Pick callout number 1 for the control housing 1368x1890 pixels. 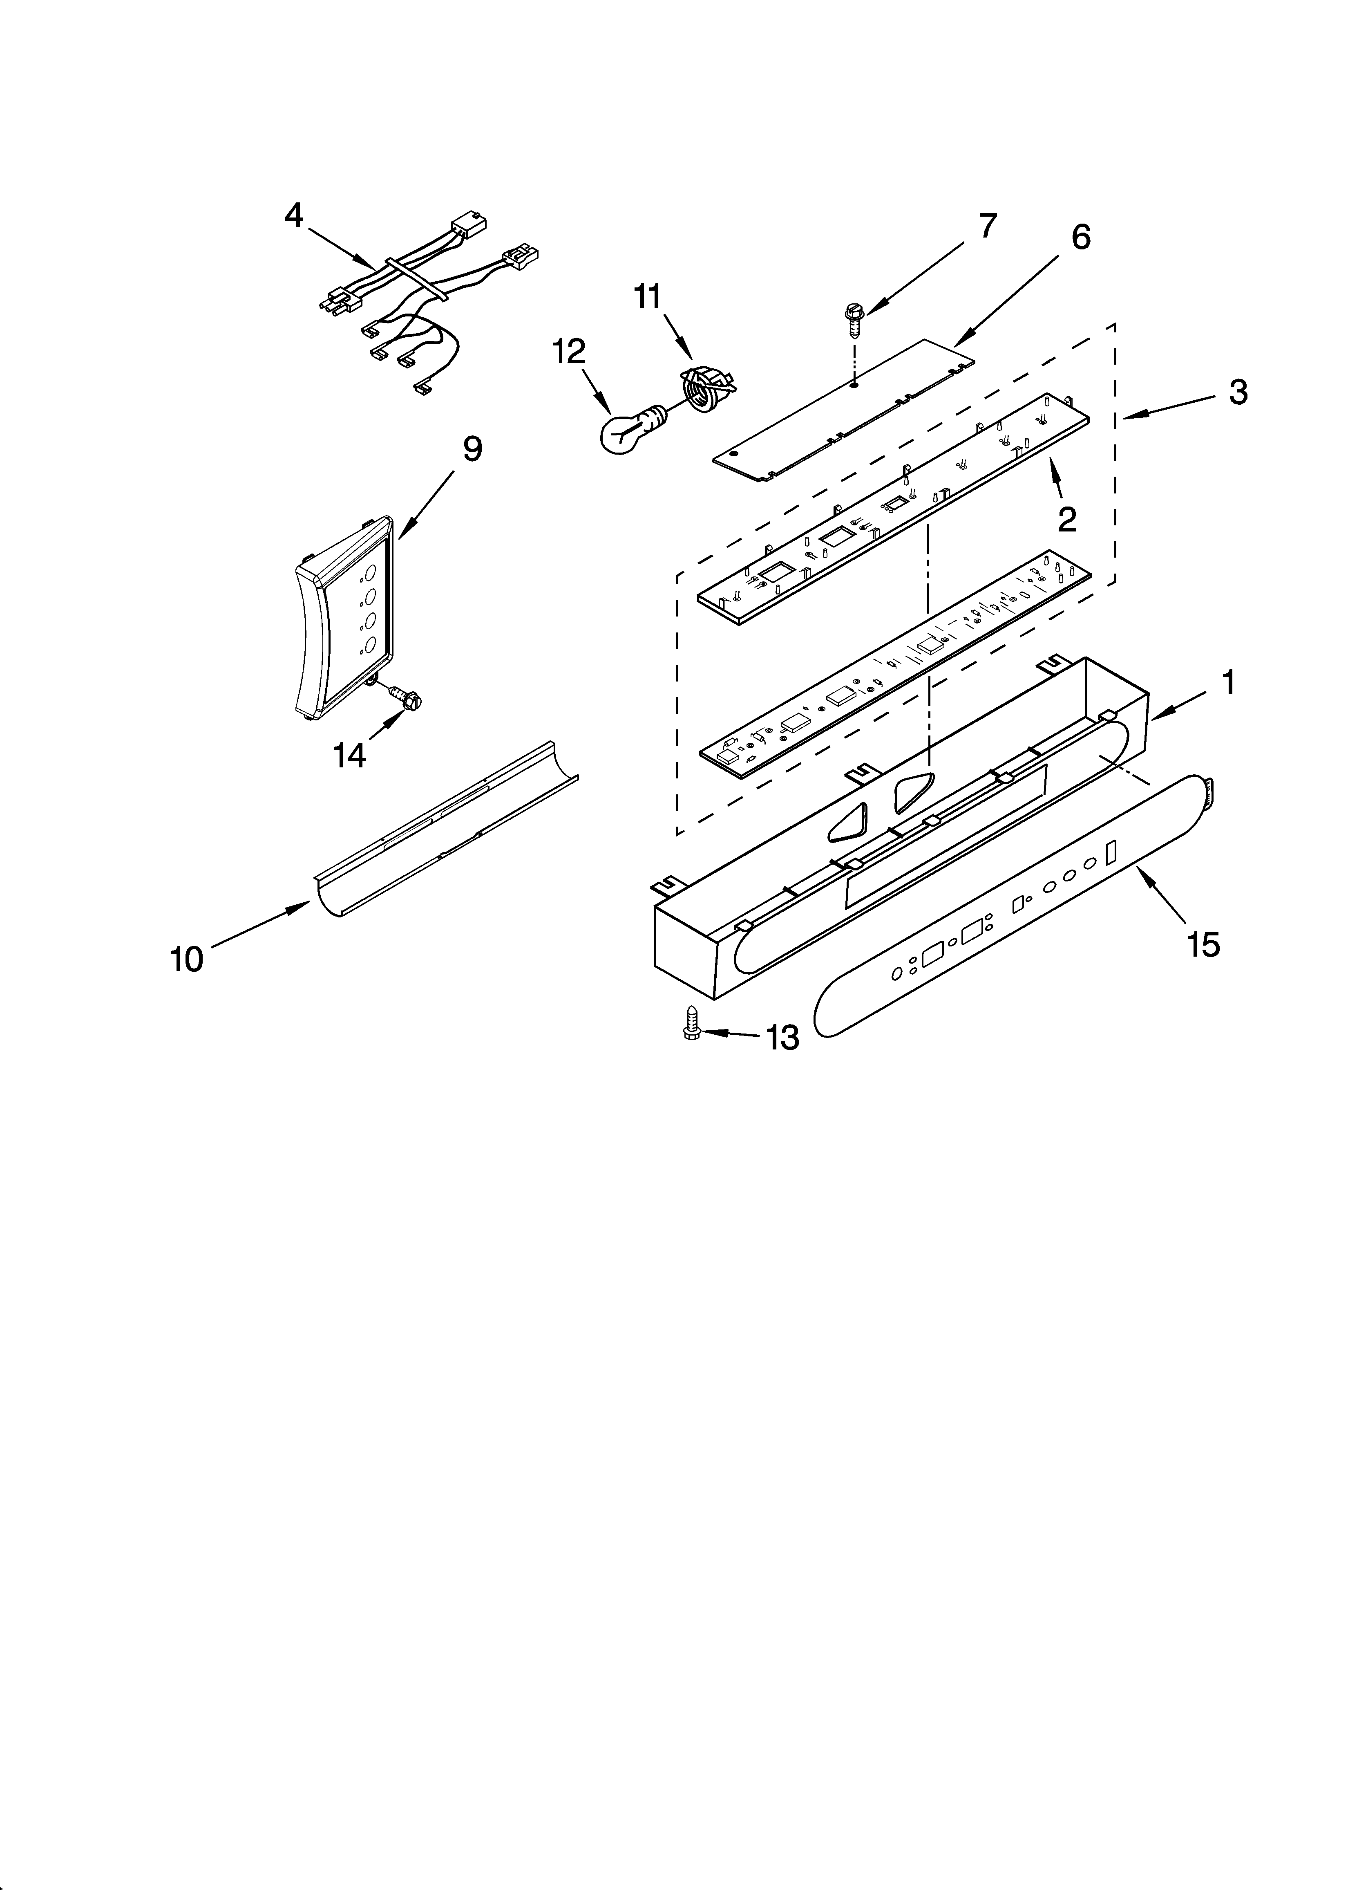pos(1228,683)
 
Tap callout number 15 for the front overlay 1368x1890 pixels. pos(1204,945)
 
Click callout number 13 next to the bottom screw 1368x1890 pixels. pos(782,1038)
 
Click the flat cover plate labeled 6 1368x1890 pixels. pos(846,408)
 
